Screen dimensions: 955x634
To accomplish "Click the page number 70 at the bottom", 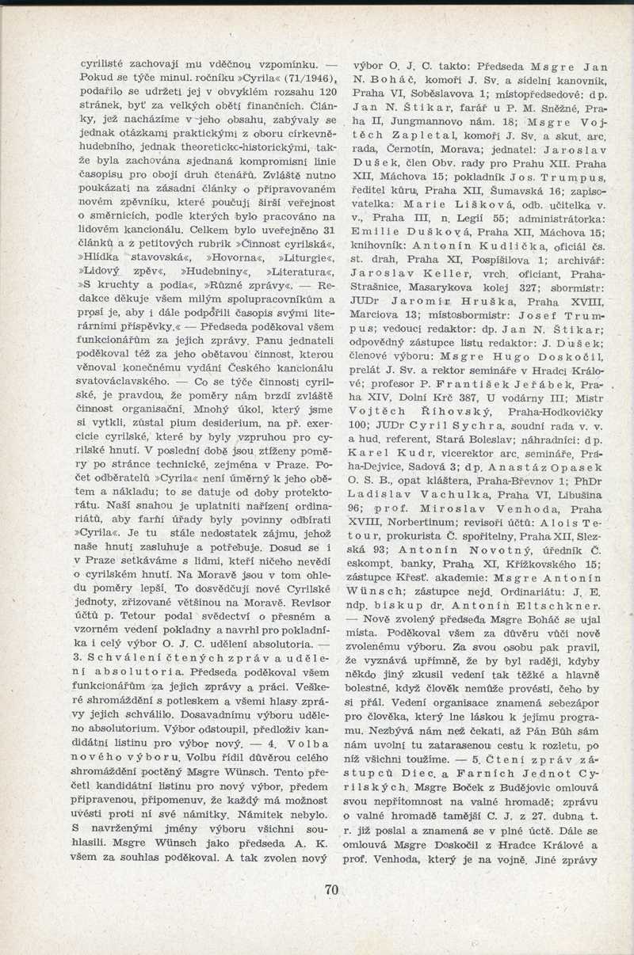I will click(x=331, y=889).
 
